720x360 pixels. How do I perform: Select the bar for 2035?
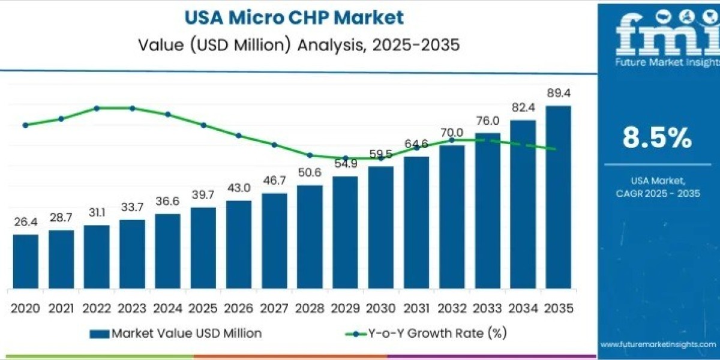(x=558, y=198)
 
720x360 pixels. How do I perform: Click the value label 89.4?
(x=558, y=93)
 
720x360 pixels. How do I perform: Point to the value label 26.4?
(x=25, y=223)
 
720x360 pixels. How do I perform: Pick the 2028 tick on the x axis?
(x=310, y=308)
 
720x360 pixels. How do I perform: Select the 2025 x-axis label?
(x=203, y=308)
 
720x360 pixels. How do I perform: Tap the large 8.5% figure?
(x=657, y=139)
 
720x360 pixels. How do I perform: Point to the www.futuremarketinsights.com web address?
(x=658, y=344)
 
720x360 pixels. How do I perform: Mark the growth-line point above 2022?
(x=97, y=108)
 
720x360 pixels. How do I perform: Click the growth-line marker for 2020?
(x=25, y=125)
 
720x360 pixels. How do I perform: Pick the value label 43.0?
(x=239, y=188)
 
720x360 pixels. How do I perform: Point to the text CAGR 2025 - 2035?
(x=658, y=193)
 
